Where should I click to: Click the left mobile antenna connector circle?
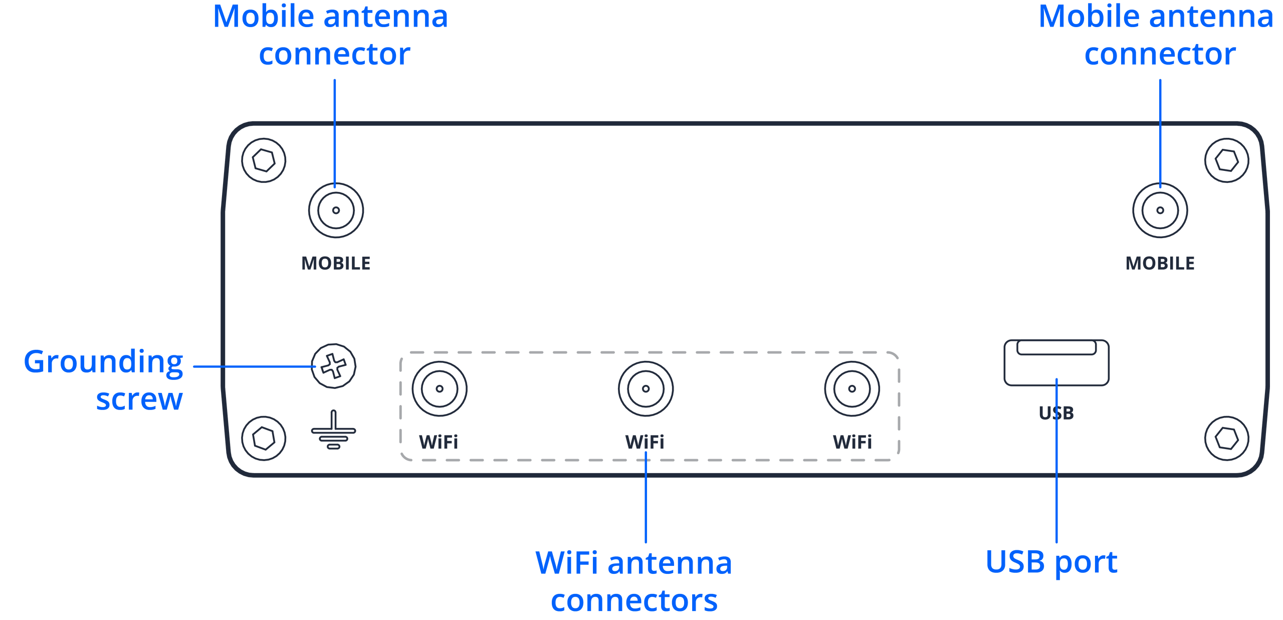[x=336, y=211]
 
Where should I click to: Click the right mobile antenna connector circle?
[x=1160, y=211]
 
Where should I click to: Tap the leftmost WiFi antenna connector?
[x=440, y=388]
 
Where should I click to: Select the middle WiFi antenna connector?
[x=646, y=388]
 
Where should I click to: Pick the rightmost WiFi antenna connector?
[x=852, y=388]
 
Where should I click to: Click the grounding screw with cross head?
[x=333, y=366]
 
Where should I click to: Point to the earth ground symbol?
[x=333, y=431]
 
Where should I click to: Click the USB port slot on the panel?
[x=1056, y=362]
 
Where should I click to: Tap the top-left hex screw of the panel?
[x=264, y=160]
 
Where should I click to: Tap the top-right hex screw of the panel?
[x=1226, y=160]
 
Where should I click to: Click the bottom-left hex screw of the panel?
[x=264, y=439]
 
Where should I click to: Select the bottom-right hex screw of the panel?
[x=1226, y=439]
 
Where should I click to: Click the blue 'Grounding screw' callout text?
[x=104, y=380]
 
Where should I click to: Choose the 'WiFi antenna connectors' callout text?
[x=634, y=581]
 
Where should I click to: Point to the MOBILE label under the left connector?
[x=336, y=263]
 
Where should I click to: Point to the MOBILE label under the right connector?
[x=1160, y=263]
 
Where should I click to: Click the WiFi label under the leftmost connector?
[x=439, y=442]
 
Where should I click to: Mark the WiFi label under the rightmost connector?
[x=852, y=442]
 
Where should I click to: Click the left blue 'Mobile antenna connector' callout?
[x=331, y=35]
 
